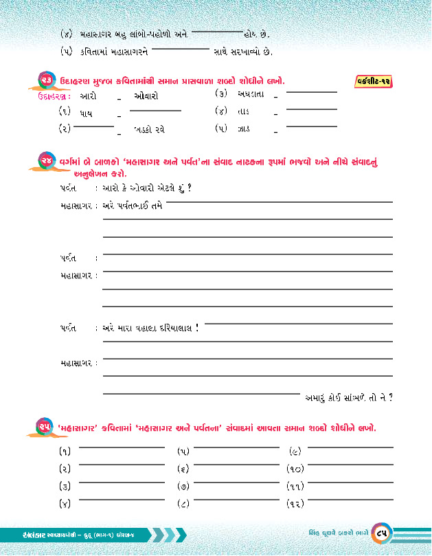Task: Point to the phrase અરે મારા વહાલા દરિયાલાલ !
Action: click(150, 328)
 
